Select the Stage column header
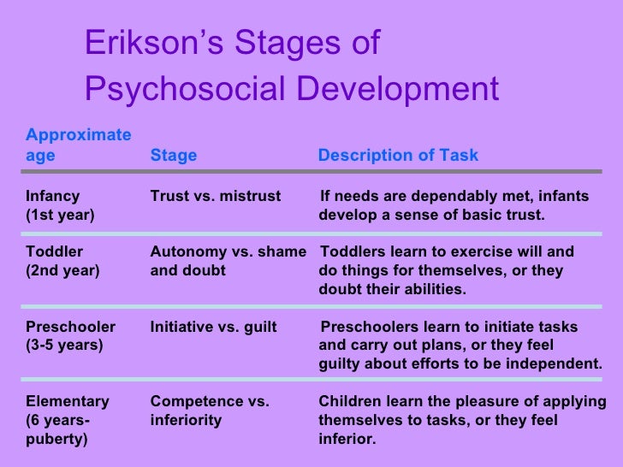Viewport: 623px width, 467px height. tap(173, 156)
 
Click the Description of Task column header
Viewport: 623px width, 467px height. tap(398, 156)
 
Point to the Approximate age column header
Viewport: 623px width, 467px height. tap(78, 145)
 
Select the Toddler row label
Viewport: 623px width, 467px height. tap(55, 252)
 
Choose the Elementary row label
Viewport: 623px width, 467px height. tap(68, 401)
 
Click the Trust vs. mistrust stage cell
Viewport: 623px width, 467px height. tap(215, 196)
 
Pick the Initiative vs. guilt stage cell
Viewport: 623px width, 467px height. tap(213, 327)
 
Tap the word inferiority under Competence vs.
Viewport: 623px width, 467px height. tap(186, 420)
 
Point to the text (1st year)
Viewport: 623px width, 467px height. tap(61, 215)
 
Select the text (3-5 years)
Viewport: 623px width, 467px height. tap(65, 346)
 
